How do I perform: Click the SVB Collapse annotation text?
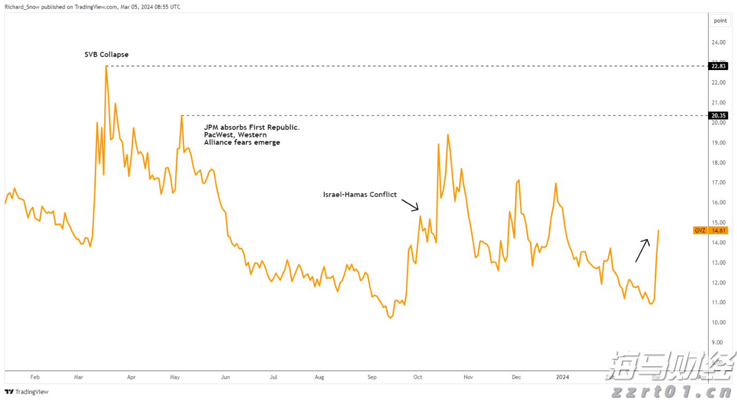coord(106,55)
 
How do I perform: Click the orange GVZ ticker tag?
coord(700,230)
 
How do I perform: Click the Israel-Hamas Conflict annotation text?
coord(360,195)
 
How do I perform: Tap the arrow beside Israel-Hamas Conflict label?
coord(410,205)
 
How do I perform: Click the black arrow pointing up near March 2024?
coord(642,250)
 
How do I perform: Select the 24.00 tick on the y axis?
coord(718,42)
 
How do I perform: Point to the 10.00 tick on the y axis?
coord(718,322)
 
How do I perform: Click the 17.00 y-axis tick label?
coord(718,182)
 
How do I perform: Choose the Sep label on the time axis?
coord(372,377)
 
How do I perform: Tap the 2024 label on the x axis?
coord(562,377)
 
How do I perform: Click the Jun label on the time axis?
coord(225,377)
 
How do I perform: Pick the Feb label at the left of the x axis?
coord(35,377)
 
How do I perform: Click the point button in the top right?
coord(720,21)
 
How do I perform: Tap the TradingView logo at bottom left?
coord(27,392)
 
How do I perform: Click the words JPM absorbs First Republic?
coord(252,127)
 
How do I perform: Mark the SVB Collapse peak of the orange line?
coord(106,66)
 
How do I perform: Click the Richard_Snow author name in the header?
coord(20,7)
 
